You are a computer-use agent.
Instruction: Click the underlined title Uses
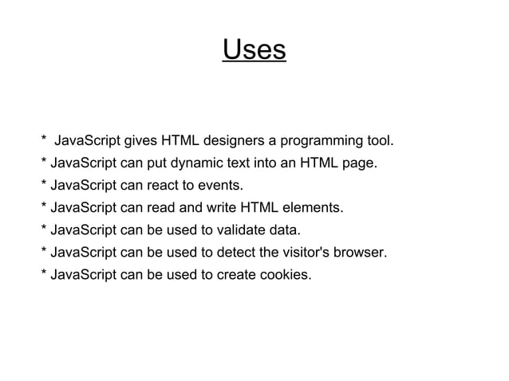[254, 50]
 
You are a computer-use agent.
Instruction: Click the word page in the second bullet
[359, 165]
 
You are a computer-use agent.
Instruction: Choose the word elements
[314, 210]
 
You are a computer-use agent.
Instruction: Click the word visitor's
[310, 254]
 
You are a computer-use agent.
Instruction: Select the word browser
[364, 254]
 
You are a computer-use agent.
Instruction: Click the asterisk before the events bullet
[43, 186]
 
